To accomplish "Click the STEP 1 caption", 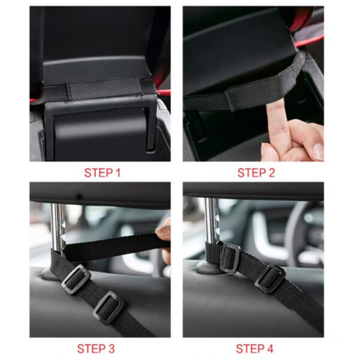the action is click(x=103, y=173).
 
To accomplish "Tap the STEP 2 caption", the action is click(x=256, y=173).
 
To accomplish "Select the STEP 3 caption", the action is click(x=96, y=349).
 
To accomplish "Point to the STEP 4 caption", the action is click(x=254, y=349).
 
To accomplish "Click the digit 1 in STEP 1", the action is click(x=118, y=173).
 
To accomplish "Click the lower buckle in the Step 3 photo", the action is click(x=109, y=308).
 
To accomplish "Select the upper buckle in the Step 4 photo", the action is click(x=230, y=257).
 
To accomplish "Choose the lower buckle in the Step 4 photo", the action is click(x=270, y=278).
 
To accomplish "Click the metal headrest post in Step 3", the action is click(x=58, y=227).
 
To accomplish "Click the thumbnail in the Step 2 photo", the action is click(x=319, y=151).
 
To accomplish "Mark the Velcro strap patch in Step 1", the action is click(x=104, y=88).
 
